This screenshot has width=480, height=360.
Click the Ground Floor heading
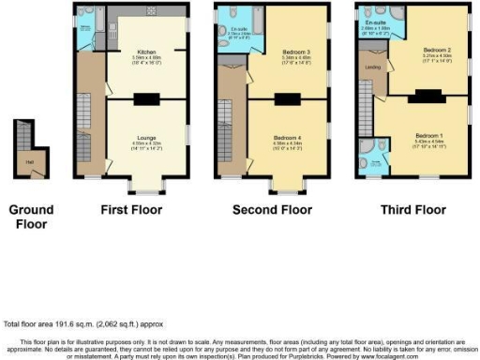coord(31,216)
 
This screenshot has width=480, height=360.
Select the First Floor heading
coord(131,209)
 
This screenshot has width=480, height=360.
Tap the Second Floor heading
coord(272,209)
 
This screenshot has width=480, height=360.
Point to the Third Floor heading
coord(413,209)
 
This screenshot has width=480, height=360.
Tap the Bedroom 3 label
coord(295,51)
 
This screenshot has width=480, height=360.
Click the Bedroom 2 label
coord(435,49)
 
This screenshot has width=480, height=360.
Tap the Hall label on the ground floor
coord(30,161)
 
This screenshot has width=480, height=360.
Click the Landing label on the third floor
coord(371,67)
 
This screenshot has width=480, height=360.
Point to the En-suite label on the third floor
coord(377,22)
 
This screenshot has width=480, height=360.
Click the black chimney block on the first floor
coord(146,98)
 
